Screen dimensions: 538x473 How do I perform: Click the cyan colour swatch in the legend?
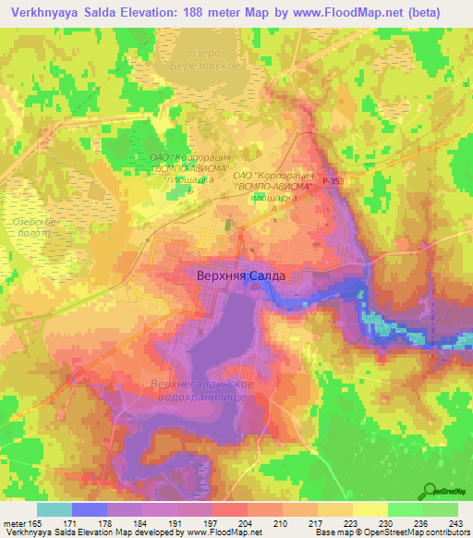pyautogui.click(x=55, y=509)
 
